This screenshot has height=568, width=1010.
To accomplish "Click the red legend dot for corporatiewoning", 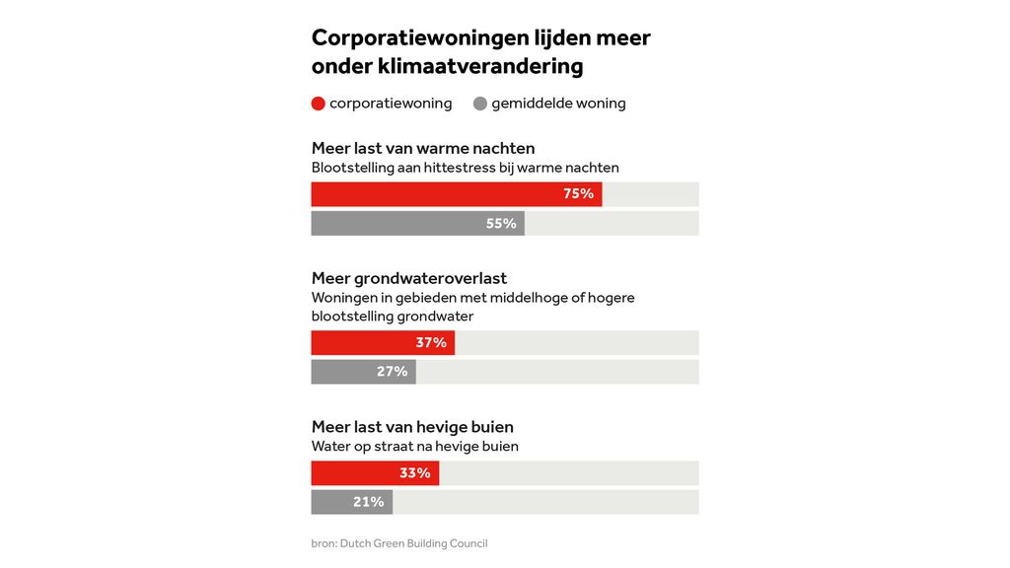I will (319, 104).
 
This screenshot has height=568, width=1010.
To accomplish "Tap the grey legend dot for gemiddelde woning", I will (480, 104).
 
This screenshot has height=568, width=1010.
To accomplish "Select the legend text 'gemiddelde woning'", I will (558, 104).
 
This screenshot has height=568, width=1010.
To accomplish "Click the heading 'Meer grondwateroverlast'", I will (409, 279).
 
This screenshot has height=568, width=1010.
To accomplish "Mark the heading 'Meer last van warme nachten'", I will (423, 148).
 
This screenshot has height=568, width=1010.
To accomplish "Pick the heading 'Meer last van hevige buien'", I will (412, 427).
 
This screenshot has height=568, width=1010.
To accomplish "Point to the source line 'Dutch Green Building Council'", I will (413, 543).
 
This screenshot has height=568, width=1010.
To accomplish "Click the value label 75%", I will (578, 194).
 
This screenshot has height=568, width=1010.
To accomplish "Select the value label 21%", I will (368, 502).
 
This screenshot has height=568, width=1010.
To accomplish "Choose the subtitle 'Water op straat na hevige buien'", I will (415, 446).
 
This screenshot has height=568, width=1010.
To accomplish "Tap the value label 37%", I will (431, 343).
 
